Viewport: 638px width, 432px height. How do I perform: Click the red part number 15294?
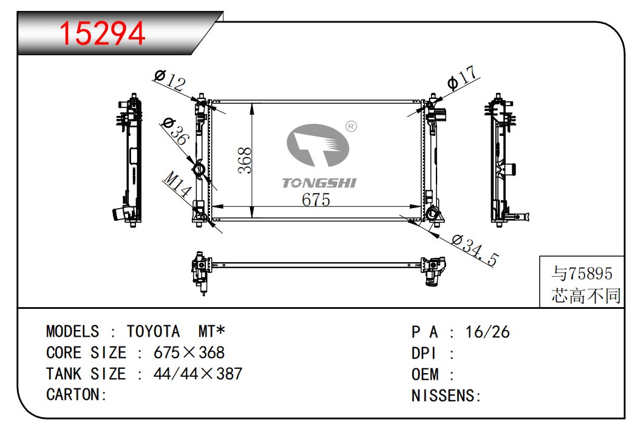click(x=102, y=33)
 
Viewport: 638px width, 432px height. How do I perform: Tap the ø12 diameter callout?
click(x=170, y=80)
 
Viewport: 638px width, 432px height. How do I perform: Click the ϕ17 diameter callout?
click(x=462, y=77)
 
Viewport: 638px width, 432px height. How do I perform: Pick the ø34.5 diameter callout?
click(x=475, y=250)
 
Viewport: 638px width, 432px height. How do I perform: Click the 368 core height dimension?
click(x=245, y=161)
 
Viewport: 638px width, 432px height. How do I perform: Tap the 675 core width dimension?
click(x=316, y=200)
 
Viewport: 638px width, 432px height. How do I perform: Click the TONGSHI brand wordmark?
click(x=319, y=183)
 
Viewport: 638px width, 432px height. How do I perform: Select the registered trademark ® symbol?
click(x=351, y=127)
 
